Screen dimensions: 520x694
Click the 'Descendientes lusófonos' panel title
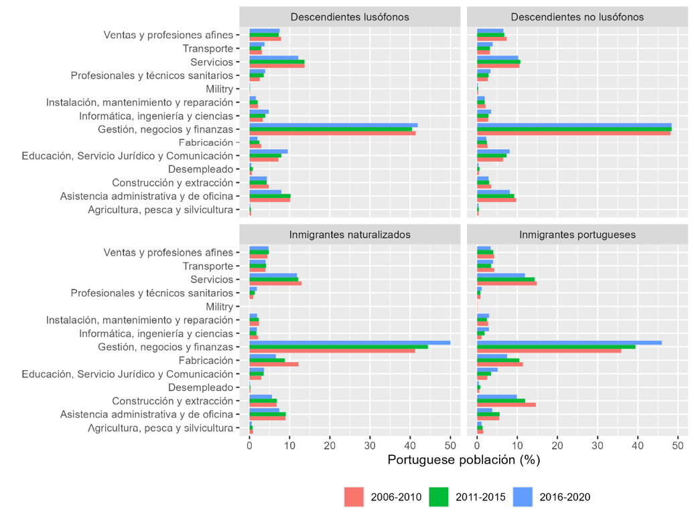pyautogui.click(x=350, y=17)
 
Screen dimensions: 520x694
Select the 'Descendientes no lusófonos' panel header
pyautogui.click(x=577, y=17)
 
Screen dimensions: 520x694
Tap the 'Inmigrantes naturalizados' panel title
pyautogui.click(x=350, y=234)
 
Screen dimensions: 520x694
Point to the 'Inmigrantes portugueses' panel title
pyautogui.click(x=577, y=234)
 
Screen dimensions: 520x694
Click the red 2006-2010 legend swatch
pyautogui.click(x=354, y=497)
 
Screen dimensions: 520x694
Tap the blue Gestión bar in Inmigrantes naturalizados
pyautogui.click(x=349, y=343)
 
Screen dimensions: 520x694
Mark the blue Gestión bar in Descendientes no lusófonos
pyautogui.click(x=573, y=125)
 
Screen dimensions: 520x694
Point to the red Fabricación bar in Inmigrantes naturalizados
pyautogui.click(x=273, y=364)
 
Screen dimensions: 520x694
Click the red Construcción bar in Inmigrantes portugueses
pyautogui.click(x=506, y=405)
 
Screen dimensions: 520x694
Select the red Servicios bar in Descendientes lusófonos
pyautogui.click(x=277, y=66)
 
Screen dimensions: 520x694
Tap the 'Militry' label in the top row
pyautogui.click(x=219, y=89)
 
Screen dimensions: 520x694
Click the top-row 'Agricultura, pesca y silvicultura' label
pyautogui.click(x=160, y=210)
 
